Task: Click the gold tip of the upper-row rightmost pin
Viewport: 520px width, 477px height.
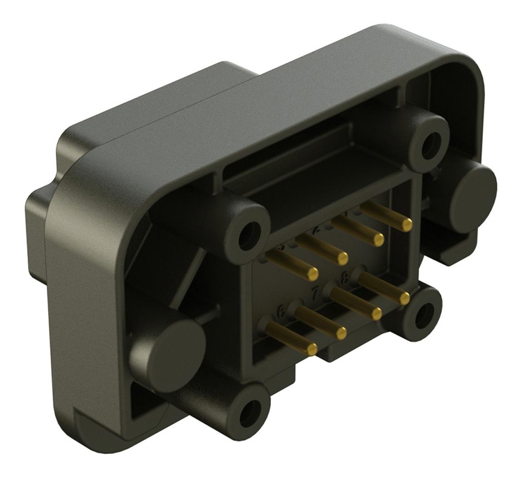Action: coord(407,224)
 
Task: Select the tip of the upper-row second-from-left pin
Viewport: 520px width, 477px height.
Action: coord(343,258)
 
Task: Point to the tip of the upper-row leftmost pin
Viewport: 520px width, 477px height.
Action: coord(313,273)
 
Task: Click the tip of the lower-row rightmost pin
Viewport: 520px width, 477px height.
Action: coord(405,298)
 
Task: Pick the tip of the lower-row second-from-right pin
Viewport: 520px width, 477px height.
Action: coord(376,313)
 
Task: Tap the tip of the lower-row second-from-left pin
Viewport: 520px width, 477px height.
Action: coord(341,333)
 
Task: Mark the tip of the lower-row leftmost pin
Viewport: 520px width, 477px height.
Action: coord(311,349)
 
